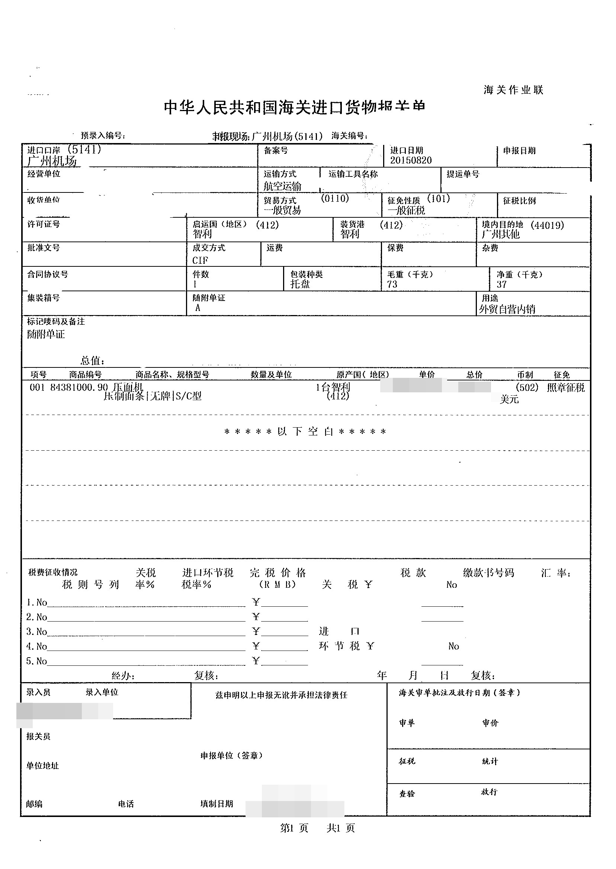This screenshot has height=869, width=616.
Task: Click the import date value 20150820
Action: point(411,160)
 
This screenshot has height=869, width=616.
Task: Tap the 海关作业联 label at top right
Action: point(513,90)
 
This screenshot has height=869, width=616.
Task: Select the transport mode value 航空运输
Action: point(283,186)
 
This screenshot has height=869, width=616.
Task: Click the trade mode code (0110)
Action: point(334,198)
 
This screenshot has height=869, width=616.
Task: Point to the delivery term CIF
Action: point(200,260)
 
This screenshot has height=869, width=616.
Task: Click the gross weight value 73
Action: point(392,284)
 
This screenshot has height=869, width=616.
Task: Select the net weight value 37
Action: point(501,284)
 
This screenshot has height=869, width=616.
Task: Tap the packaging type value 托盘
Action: point(300,284)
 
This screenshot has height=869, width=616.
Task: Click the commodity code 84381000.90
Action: point(79,387)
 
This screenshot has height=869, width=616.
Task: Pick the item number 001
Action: point(37,387)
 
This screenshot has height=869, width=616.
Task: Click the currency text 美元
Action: point(509,399)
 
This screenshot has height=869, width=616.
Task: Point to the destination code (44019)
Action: point(547,226)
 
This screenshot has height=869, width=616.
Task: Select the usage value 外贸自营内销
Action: point(507,309)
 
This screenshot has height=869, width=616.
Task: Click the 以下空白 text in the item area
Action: point(305,431)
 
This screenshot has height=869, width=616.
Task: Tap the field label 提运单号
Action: point(463,174)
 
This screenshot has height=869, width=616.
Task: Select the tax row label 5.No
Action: point(36,661)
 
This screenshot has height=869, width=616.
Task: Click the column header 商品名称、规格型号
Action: point(172,374)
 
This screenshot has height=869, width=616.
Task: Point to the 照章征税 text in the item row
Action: point(565,388)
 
